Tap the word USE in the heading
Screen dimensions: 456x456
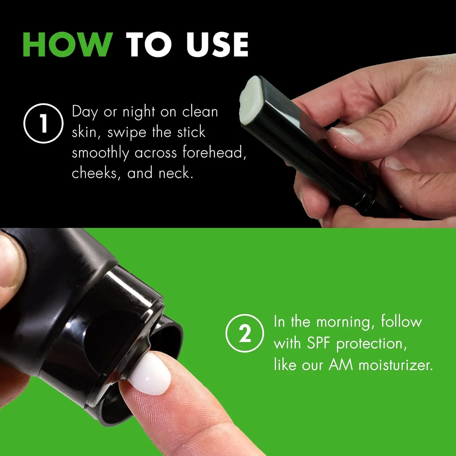218,44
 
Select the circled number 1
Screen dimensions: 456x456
43,123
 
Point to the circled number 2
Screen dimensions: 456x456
245,333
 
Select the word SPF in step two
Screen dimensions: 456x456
318,343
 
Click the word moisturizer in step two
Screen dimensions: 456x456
396,364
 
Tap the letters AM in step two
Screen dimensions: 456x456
341,364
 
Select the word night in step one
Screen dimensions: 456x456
139,112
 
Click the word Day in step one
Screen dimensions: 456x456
81,112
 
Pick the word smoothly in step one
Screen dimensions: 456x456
101,153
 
